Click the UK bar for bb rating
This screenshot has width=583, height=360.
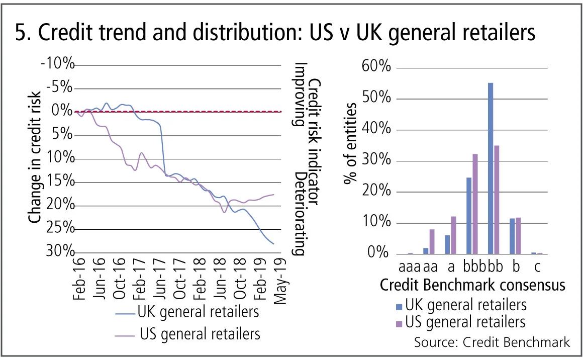(491, 168)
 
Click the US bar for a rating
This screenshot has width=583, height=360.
(453, 234)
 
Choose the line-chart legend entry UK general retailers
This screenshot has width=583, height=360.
(198, 312)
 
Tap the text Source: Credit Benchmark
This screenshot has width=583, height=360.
(492, 342)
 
